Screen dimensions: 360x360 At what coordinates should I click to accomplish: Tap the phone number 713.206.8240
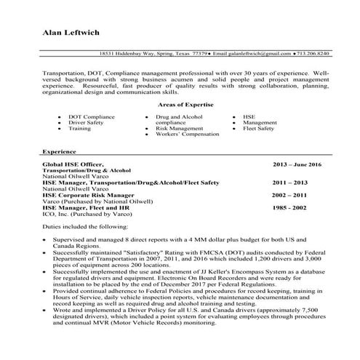click(x=313, y=54)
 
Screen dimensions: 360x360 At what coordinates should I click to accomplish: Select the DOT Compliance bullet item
click(x=91, y=116)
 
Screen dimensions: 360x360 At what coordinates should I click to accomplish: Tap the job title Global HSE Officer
click(x=73, y=164)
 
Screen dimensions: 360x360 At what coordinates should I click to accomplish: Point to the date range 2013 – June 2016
click(x=297, y=165)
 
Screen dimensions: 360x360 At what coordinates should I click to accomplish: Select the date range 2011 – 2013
click(x=290, y=182)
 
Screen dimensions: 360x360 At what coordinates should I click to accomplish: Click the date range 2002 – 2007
click(x=289, y=195)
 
